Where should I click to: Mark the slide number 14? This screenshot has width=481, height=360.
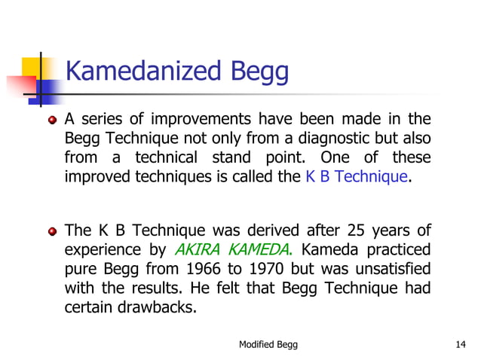[461, 344]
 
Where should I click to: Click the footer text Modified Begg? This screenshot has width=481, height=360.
[268, 344]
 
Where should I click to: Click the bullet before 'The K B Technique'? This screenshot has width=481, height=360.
[53, 230]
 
